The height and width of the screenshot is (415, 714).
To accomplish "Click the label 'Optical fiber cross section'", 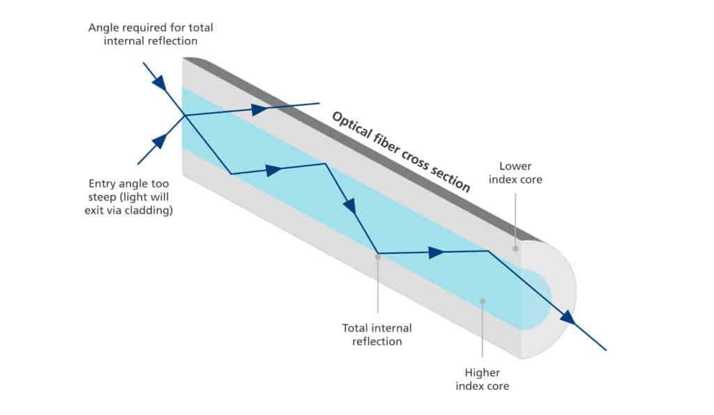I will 400,150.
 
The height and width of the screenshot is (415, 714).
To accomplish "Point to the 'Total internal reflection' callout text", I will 377,334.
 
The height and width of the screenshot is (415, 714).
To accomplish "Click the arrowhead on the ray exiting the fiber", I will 568,317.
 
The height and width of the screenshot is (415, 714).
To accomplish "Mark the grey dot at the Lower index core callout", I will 516,248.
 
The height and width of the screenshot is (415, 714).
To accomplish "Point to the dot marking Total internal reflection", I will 377,256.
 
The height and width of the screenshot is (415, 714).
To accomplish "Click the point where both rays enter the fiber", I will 183,116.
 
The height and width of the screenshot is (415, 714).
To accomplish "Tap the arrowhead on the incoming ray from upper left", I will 160,84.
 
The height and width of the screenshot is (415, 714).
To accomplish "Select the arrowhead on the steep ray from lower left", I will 160,141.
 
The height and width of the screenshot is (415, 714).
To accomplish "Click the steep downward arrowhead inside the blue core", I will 349,205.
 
